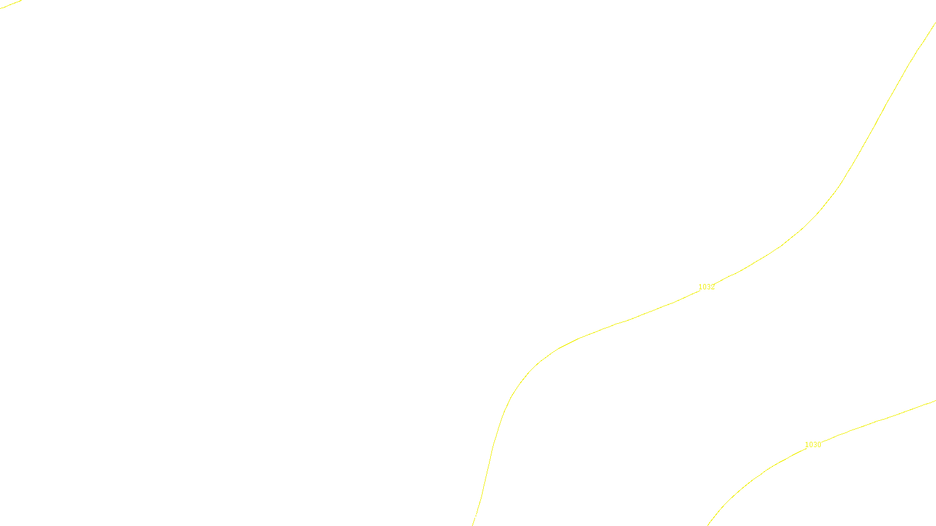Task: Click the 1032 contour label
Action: coord(706,287)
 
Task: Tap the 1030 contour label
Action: coord(813,445)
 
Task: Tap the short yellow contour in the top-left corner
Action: coord(11,4)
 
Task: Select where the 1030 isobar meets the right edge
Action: coord(934,401)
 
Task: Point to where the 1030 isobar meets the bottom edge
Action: coord(708,524)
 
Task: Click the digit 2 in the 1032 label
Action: coord(713,287)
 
